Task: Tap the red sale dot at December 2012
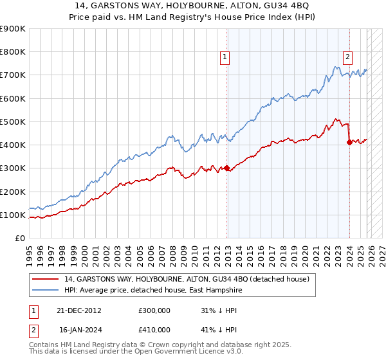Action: [x=227, y=168]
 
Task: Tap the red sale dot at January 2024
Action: [x=349, y=143]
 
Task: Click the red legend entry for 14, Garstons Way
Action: [x=187, y=279]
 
